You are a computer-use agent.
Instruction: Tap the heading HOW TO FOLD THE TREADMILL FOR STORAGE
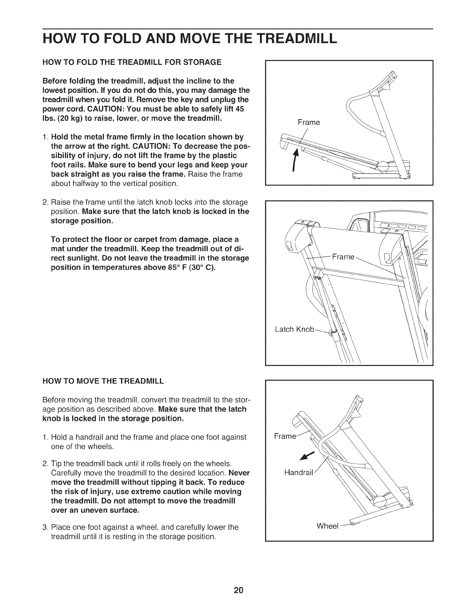132,62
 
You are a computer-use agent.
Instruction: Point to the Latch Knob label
294,329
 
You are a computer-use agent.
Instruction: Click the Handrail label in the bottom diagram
299,473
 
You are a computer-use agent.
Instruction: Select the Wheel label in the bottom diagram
328,526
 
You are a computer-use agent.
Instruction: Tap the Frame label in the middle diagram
343,257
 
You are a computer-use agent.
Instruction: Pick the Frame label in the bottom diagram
284,436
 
